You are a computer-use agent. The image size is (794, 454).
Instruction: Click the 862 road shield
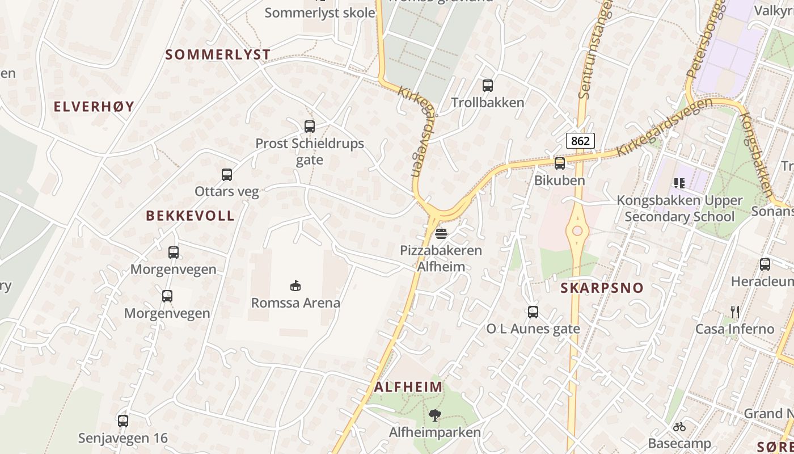coord(580,140)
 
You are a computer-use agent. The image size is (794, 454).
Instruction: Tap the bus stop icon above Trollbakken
coord(488,86)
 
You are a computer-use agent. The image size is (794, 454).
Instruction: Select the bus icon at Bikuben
coord(560,163)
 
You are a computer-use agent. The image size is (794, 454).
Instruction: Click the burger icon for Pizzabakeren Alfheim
coord(441,233)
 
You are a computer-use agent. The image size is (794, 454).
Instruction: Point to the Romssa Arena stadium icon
coord(295,285)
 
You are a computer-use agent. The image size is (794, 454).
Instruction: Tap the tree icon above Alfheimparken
coord(434,415)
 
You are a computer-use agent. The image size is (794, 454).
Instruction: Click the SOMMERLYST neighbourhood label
coord(218,54)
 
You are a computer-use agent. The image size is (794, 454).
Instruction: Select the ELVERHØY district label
coord(94,106)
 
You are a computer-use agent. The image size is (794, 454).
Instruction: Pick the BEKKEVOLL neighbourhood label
coord(190,216)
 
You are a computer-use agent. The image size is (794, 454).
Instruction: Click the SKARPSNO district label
coord(602,288)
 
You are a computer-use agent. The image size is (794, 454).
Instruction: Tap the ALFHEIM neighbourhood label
coord(408,387)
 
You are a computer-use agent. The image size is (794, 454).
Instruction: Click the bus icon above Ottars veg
coord(227,175)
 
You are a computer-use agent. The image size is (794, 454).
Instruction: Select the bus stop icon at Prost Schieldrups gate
coord(309,127)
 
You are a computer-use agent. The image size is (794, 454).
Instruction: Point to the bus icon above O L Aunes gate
coord(533,312)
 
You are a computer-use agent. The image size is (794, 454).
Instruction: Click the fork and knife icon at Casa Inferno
coord(736,312)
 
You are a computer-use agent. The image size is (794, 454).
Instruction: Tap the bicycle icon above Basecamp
coord(679,426)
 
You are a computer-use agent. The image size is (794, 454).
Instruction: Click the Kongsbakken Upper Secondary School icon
coord(679,183)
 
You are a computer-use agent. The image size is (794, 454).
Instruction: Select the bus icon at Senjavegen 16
coord(123,421)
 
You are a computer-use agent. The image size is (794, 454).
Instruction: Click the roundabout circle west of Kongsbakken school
coord(577,231)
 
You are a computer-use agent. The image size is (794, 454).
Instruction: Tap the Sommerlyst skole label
coord(320,12)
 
